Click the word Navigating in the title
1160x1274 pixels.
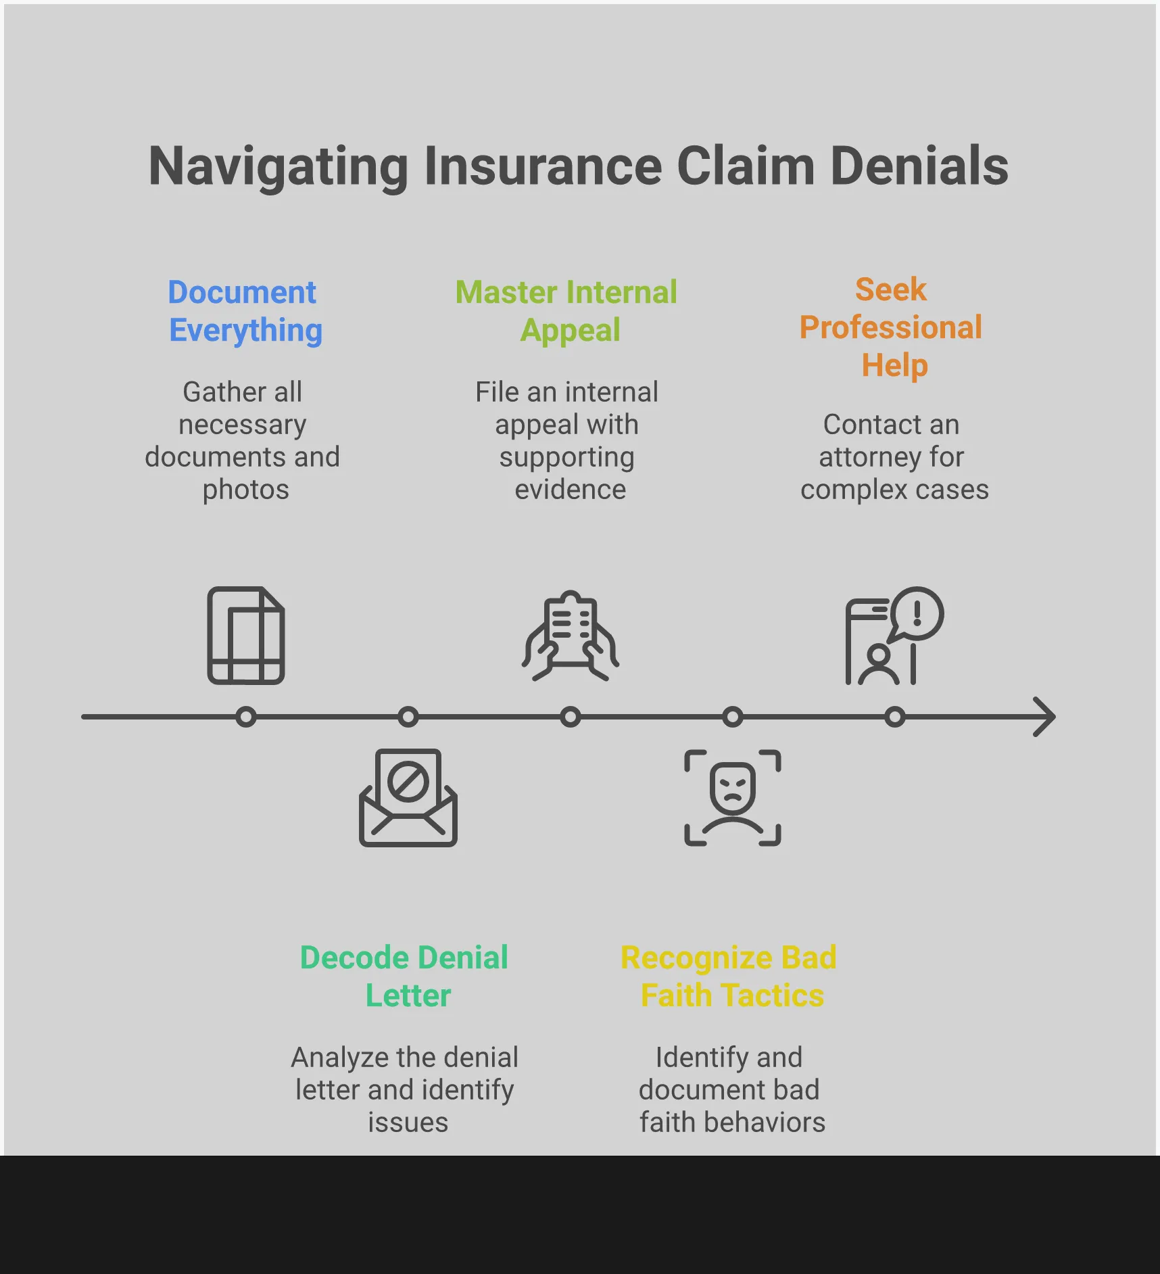[x=278, y=166]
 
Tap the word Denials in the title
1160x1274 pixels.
[x=919, y=166]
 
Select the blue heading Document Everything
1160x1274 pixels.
[x=245, y=311]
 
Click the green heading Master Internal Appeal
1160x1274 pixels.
[x=566, y=311]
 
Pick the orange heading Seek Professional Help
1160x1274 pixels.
[x=891, y=327]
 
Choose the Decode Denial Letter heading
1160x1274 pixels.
[x=404, y=976]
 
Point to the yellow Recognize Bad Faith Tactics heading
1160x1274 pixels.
[x=729, y=976]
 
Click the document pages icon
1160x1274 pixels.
[x=246, y=636]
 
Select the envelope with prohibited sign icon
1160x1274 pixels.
[x=408, y=798]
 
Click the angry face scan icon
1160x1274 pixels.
[x=733, y=798]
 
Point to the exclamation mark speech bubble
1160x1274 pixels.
[x=917, y=613]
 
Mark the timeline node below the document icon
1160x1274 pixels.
[x=246, y=717]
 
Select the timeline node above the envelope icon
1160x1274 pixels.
[x=408, y=717]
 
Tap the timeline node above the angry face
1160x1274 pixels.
[x=733, y=717]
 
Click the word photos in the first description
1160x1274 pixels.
[x=246, y=490]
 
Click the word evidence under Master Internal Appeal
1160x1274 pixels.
[x=571, y=490]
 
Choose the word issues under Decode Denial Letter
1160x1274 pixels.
[x=408, y=1123]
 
